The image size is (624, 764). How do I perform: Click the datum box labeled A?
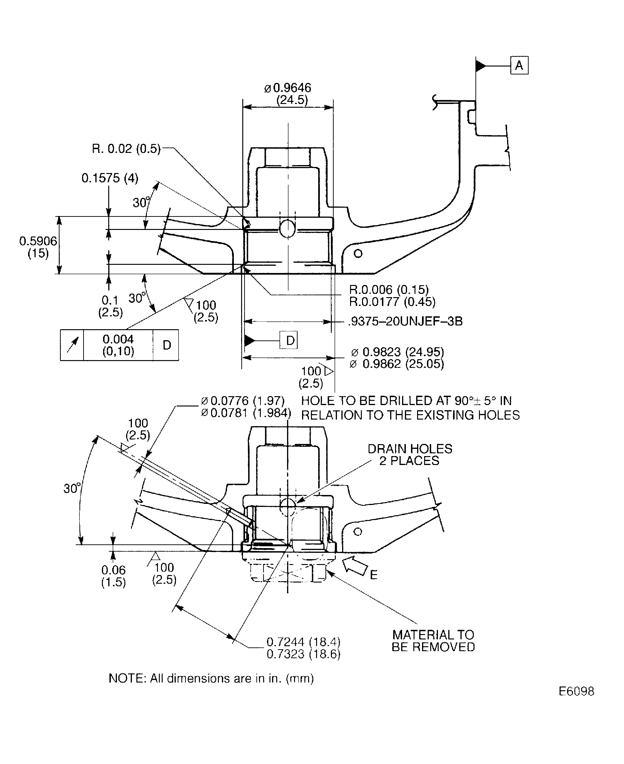519,65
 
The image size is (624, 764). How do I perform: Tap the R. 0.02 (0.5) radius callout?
126,148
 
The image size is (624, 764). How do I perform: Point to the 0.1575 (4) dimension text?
110,178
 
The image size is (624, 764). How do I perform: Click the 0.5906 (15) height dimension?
38,247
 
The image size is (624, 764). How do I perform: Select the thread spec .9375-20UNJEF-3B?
405,321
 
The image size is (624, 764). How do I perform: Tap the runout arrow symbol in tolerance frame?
72,345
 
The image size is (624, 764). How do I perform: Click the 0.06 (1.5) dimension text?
113,576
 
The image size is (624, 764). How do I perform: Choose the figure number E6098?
576,691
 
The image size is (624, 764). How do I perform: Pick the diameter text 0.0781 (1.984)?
246,413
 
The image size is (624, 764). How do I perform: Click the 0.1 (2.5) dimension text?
110,306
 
